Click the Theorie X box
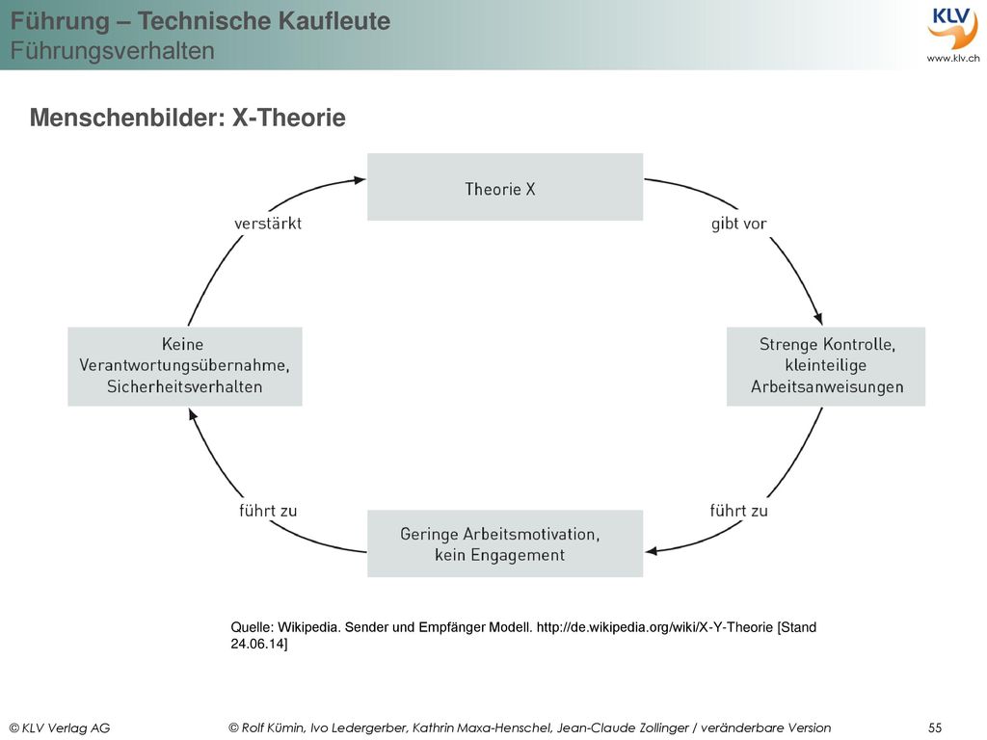coord(505,187)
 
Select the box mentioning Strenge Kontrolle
coord(826,366)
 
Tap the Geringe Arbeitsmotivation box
coord(505,543)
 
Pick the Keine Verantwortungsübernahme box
coord(185,366)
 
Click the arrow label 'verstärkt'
coord(268,224)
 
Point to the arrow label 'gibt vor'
coord(739,224)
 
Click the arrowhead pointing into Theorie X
coord(360,180)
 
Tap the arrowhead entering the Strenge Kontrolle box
coord(817,318)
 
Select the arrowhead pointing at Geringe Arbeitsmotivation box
coord(652,551)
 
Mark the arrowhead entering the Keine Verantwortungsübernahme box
coord(193,414)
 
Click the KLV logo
coord(952,28)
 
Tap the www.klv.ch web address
coord(953,58)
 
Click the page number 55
coord(935,727)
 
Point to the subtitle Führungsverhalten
coord(113,50)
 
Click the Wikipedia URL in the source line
coord(654,626)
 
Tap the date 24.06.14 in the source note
coord(257,644)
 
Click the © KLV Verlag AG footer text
coord(60,728)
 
